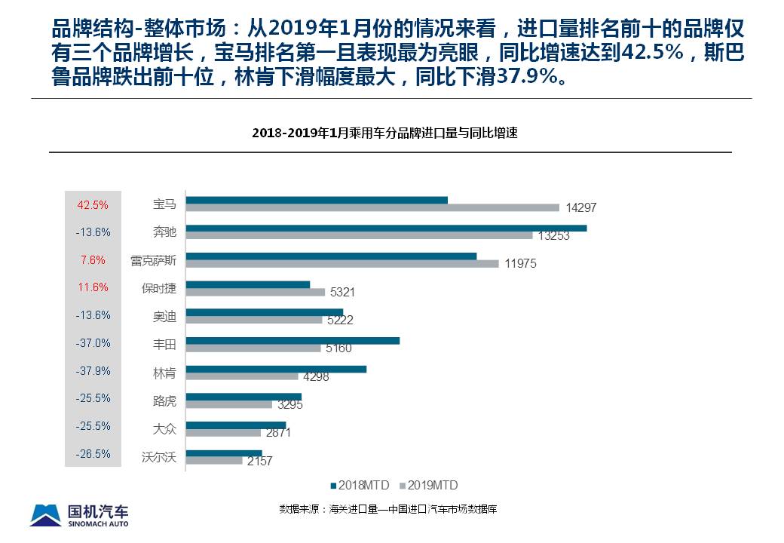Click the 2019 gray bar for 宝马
click(x=372, y=207)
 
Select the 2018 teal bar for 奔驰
click(x=386, y=228)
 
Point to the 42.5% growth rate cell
click(x=93, y=204)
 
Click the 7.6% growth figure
click(x=93, y=260)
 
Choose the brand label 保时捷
click(x=158, y=288)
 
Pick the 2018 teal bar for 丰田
click(x=292, y=341)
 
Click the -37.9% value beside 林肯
click(x=93, y=371)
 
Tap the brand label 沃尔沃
click(x=158, y=456)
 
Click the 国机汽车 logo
click(x=79, y=514)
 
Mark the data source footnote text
click(x=387, y=509)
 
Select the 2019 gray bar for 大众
click(x=223, y=433)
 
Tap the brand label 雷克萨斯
click(x=153, y=260)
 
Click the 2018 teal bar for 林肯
click(x=276, y=369)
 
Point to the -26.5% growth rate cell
click(x=93, y=454)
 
